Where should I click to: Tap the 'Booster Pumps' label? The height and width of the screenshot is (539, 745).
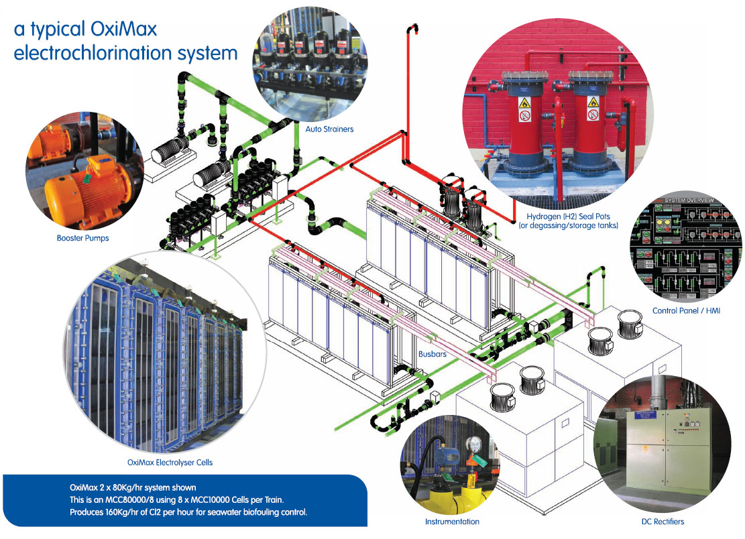[83, 237]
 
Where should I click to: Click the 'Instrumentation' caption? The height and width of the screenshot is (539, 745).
[452, 521]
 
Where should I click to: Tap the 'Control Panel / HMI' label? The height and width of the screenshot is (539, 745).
[686, 311]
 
